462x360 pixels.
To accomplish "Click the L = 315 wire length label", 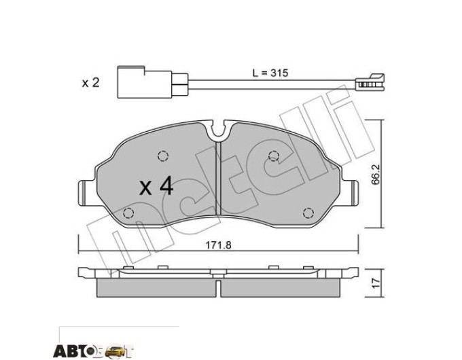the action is (270, 73).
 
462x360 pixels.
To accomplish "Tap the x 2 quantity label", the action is (90, 83).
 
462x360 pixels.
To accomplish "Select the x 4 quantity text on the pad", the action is (156, 186).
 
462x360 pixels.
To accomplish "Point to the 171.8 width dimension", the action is (218, 245).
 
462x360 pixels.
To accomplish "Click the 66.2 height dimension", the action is (375, 175).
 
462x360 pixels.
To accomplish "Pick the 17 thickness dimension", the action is (375, 283).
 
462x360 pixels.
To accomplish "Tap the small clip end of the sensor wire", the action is (370, 82).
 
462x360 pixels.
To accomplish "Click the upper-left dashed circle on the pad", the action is (163, 156).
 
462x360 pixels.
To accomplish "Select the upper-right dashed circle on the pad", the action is (274, 156).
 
